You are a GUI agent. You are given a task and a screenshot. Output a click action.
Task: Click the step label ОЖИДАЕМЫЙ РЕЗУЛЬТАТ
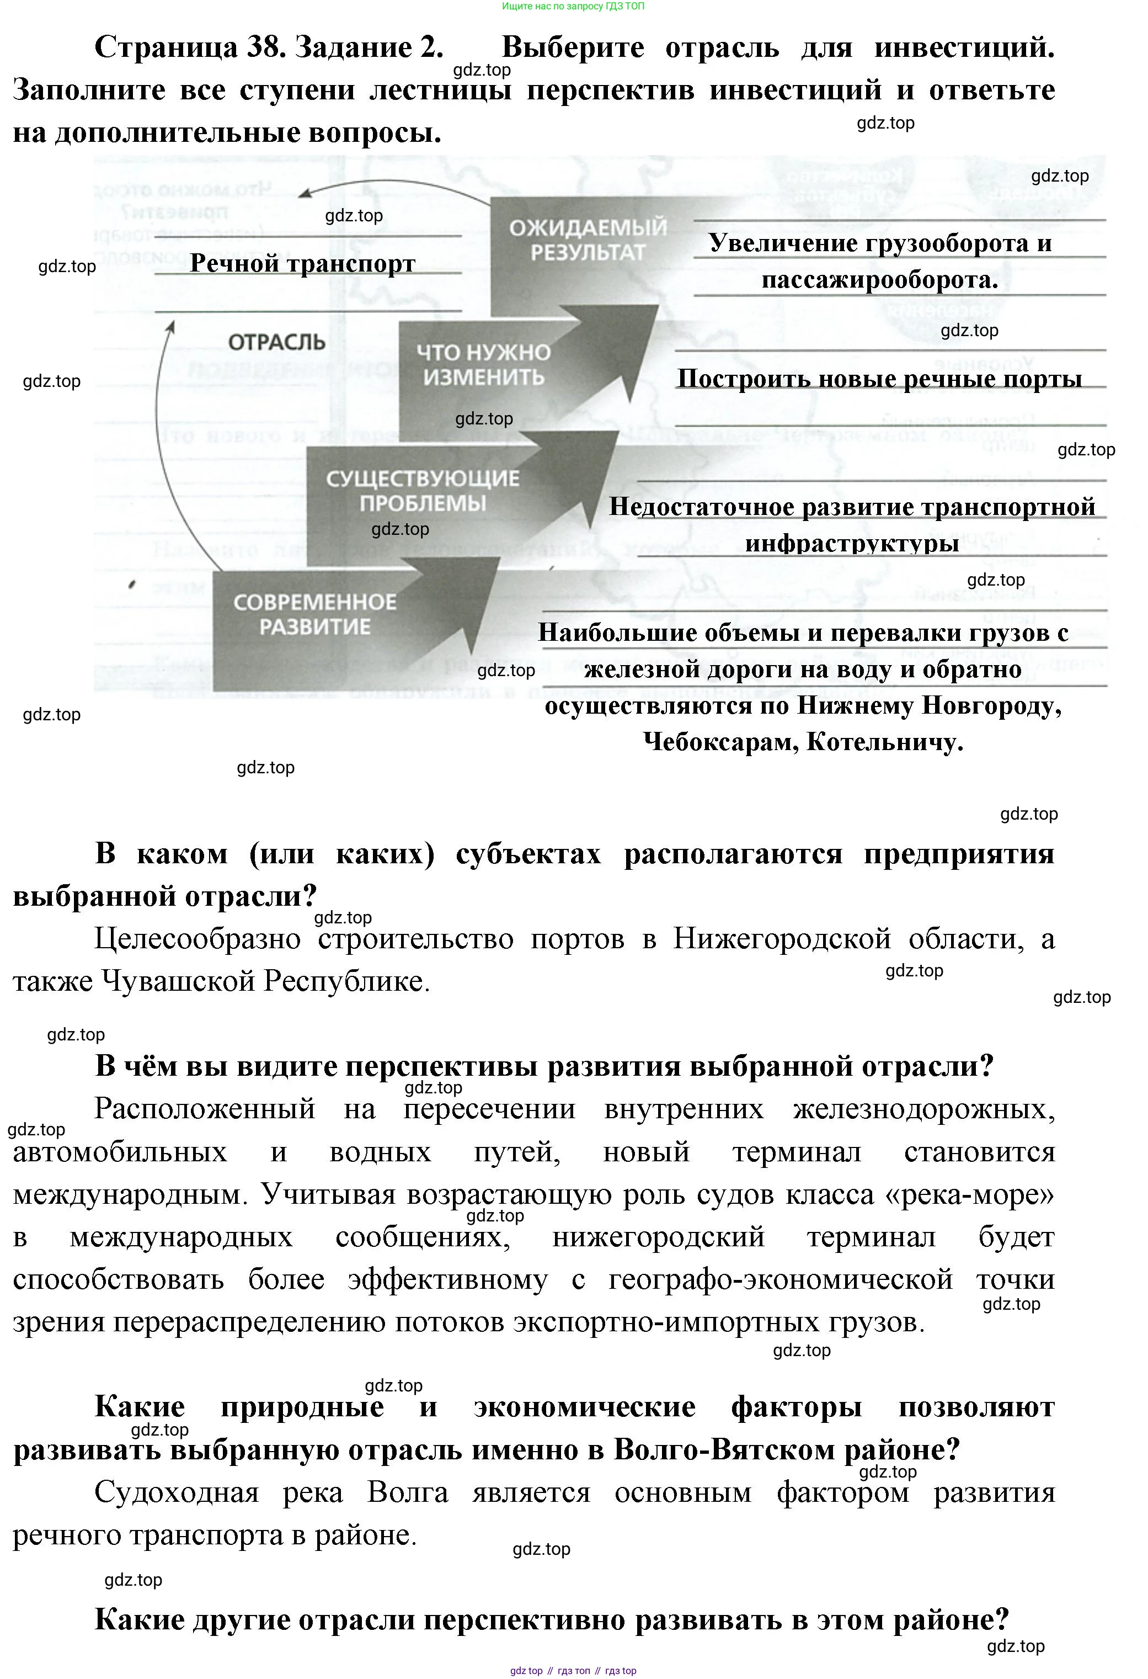pos(588,241)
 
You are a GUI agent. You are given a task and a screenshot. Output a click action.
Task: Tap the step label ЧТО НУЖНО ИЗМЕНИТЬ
pos(483,365)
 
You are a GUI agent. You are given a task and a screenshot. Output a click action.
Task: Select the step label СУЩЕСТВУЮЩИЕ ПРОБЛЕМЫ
pos(423,491)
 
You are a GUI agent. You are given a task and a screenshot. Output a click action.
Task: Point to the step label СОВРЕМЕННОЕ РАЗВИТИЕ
pos(315,614)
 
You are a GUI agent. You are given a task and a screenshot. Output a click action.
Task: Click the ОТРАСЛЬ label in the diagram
pos(276,342)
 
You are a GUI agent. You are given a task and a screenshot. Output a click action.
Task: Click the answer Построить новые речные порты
pos(879,379)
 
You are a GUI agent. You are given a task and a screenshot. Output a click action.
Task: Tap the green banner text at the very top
pos(573,7)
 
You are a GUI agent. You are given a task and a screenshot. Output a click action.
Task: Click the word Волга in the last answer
pos(407,1492)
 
